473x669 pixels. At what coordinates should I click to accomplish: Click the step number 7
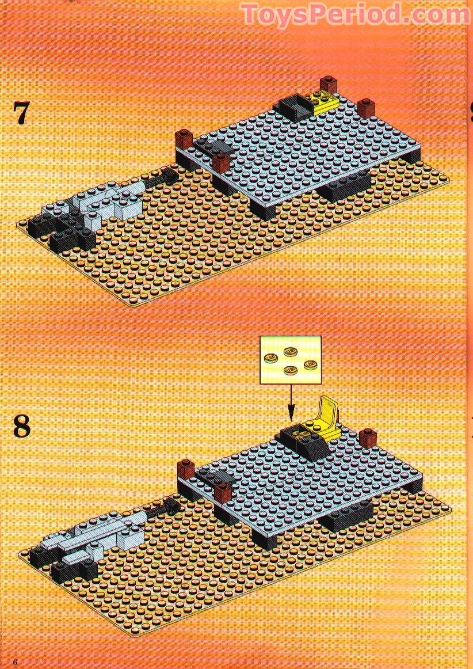(21, 113)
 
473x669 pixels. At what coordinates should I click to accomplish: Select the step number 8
(22, 427)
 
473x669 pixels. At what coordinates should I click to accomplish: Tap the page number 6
(16, 662)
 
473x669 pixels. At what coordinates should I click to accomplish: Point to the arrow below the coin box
(291, 400)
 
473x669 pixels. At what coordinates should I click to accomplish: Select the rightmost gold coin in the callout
(311, 364)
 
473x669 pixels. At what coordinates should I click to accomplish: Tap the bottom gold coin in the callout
(291, 370)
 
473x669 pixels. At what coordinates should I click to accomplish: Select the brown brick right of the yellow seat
(367, 438)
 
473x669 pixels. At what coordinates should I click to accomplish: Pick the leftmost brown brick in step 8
(185, 468)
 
